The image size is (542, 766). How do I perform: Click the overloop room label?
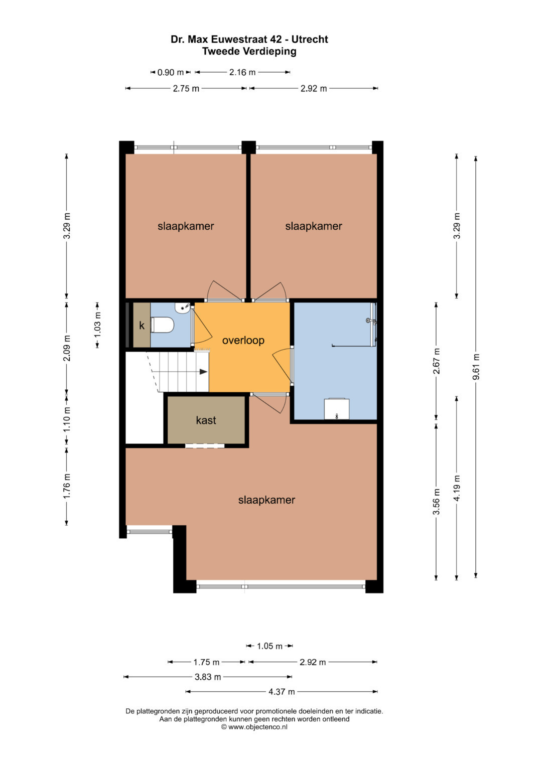point(243,340)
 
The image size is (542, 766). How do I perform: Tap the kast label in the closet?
point(206,420)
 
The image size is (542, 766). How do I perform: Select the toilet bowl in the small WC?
point(163,325)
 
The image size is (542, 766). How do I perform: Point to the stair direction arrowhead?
point(204,371)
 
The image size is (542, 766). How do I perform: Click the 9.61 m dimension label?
point(476,367)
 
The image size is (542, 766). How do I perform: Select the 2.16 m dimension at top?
point(242,72)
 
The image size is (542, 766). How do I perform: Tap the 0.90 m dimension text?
point(171,72)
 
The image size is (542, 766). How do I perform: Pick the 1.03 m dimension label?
point(97,325)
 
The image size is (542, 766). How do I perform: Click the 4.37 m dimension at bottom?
point(281,691)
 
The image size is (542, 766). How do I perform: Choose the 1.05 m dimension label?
point(269,646)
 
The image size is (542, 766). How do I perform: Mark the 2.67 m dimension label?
point(436,361)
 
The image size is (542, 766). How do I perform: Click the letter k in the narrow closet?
point(142,325)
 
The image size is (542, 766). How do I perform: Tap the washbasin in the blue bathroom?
point(337,409)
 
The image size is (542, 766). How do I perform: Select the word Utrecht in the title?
point(309,39)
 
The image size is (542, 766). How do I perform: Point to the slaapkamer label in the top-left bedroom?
point(186,226)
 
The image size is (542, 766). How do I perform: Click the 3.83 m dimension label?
point(208,677)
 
